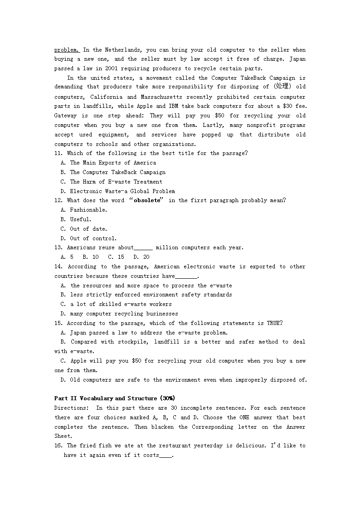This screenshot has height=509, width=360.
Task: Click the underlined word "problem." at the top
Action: click(x=67, y=50)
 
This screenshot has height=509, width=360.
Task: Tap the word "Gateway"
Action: click(x=66, y=116)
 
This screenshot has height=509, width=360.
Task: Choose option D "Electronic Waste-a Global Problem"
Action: click(x=122, y=191)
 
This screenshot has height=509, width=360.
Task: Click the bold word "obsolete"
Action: click(x=147, y=200)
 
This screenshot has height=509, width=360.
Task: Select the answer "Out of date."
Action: click(x=88, y=229)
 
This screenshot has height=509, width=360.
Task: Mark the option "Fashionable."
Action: click(x=88, y=210)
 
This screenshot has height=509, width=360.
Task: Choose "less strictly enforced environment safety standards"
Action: click(x=151, y=295)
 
